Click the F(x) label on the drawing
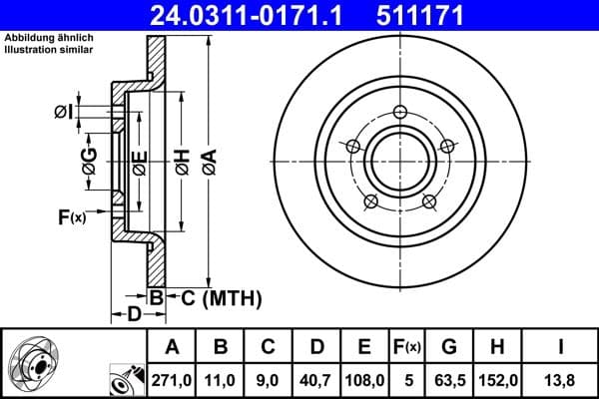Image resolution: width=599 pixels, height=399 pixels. (71, 215)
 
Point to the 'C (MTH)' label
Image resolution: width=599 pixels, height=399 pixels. (221, 296)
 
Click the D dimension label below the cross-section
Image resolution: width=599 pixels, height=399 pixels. (133, 315)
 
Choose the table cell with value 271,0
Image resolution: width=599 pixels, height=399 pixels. (172, 378)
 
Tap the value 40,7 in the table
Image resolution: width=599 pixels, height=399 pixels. (317, 378)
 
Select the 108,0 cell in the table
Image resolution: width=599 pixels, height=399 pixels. (364, 378)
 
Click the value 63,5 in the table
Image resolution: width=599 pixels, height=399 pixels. (449, 378)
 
